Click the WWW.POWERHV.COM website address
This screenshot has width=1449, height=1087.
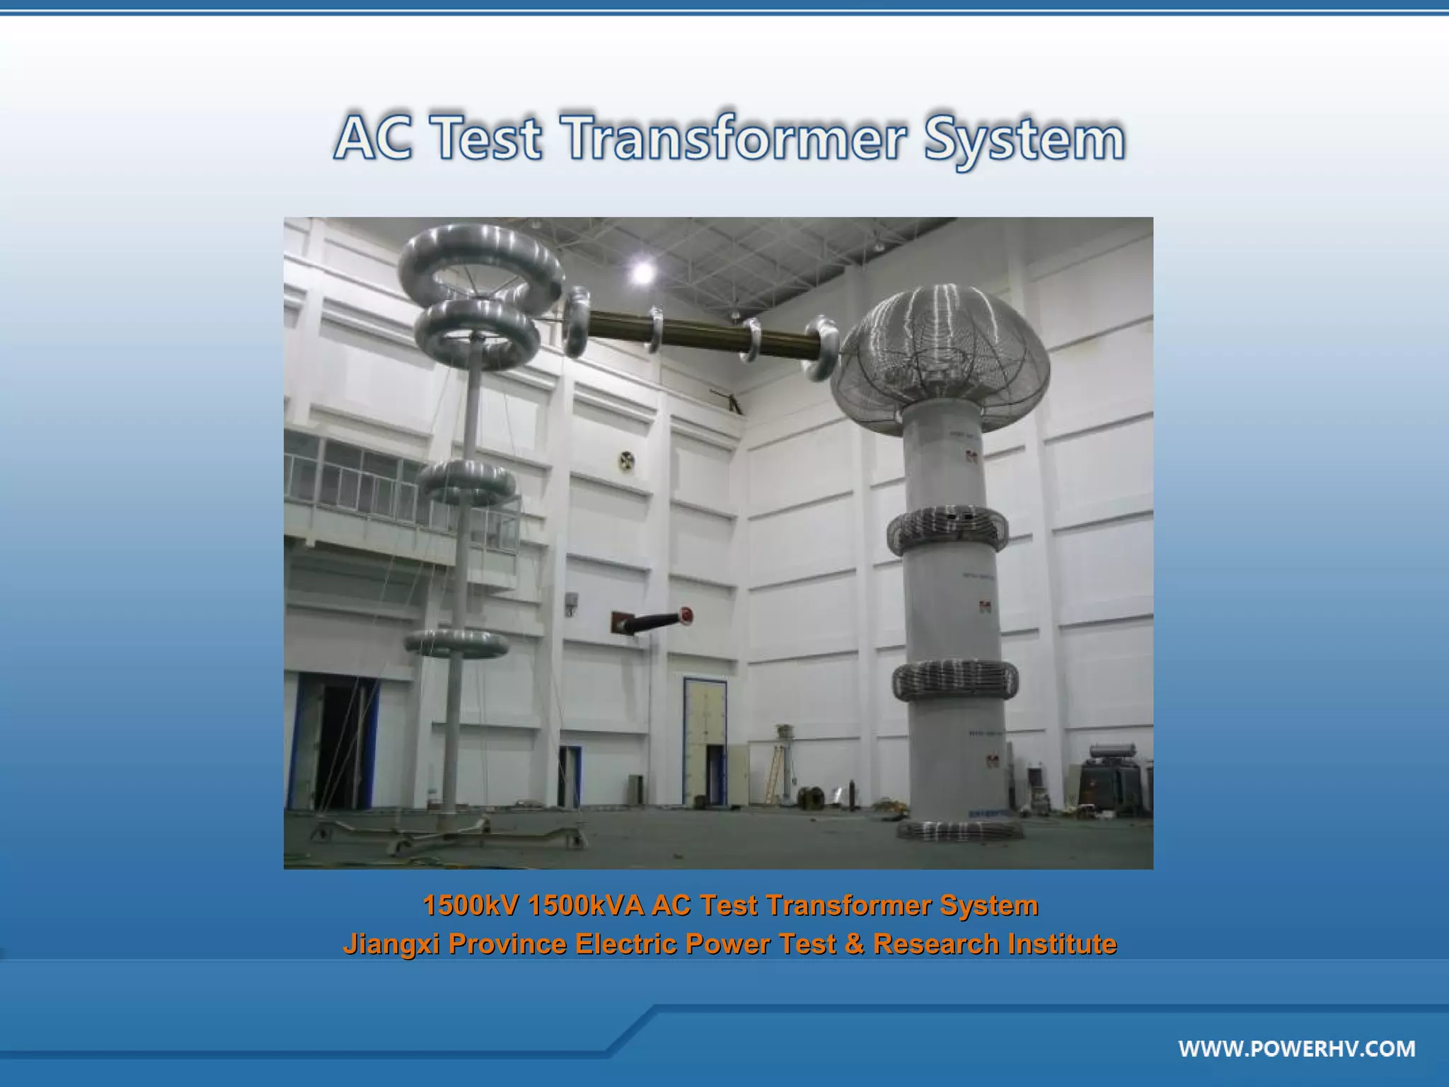coord(1297,1048)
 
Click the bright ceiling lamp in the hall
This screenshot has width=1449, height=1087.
coord(642,272)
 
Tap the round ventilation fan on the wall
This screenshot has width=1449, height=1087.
coord(626,461)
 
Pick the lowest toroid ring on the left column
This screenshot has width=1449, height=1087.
coord(456,643)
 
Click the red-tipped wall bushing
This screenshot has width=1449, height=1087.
coord(654,622)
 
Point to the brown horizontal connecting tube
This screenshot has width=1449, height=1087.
coord(700,333)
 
